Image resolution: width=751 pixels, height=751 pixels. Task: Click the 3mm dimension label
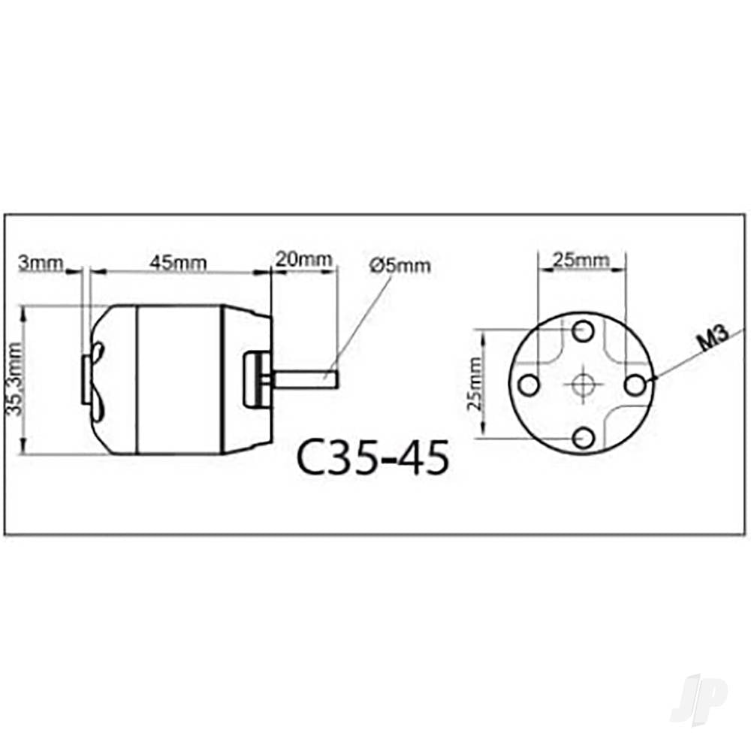pos(41,263)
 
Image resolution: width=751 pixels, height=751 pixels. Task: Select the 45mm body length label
pos(178,263)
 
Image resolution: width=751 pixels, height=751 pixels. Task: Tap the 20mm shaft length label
pos(303,259)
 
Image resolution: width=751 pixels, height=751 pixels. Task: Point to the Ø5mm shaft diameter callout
pos(400,265)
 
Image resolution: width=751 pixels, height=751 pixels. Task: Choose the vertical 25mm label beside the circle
pos(475,383)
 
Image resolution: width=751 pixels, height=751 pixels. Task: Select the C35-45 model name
pos(373,457)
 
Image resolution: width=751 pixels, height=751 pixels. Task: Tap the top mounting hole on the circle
pos(584,331)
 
